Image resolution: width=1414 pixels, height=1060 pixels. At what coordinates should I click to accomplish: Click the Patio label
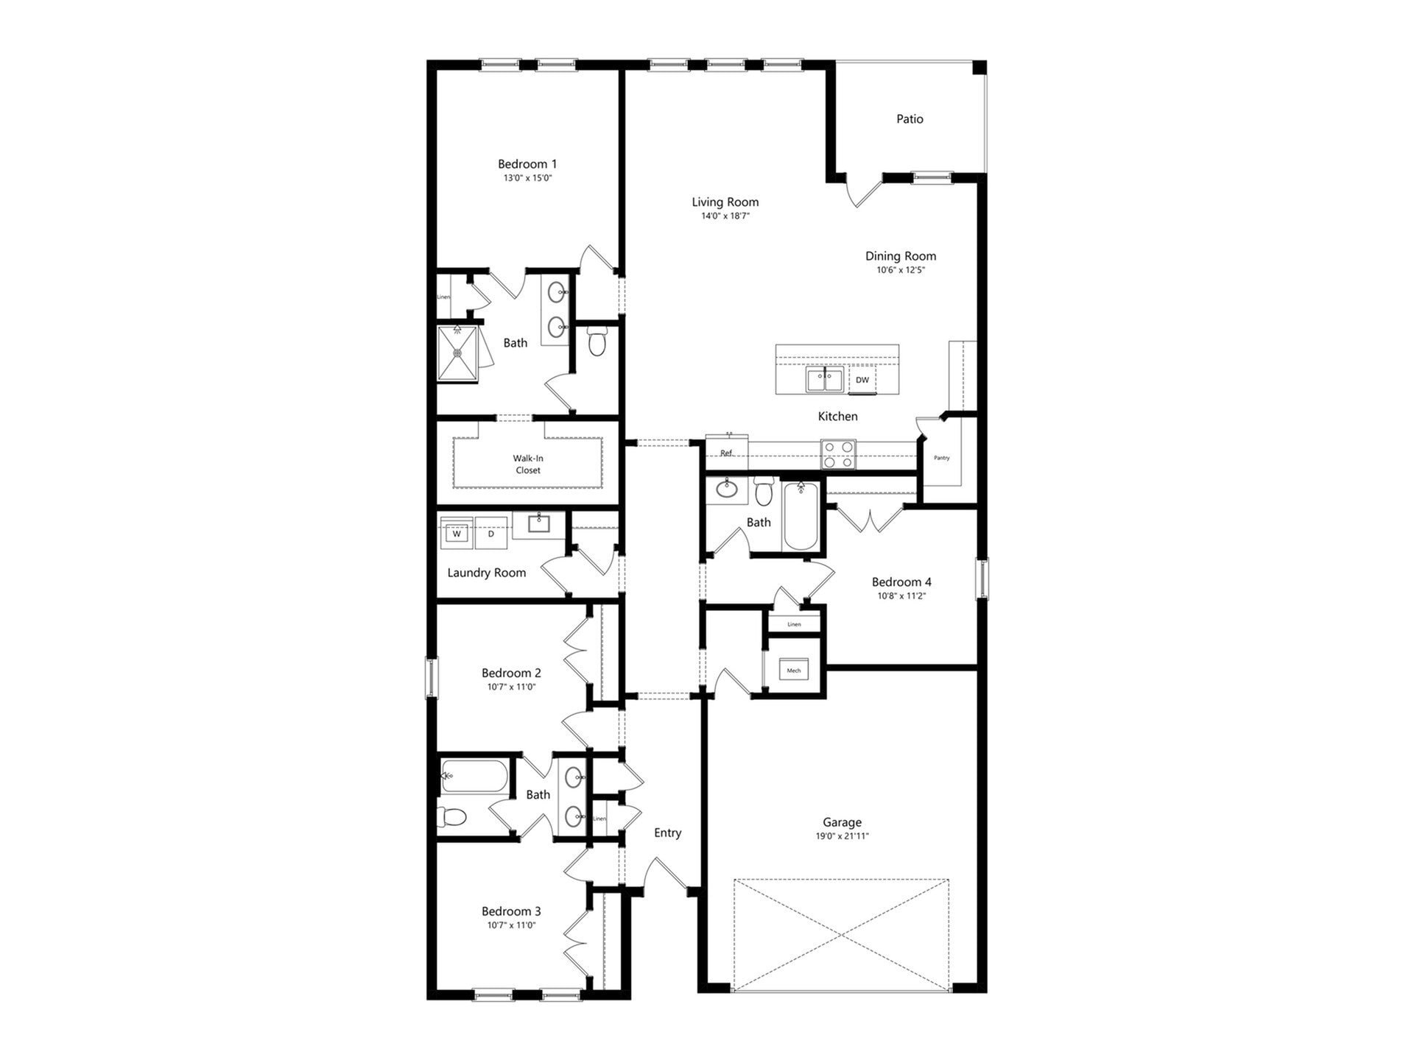(x=910, y=119)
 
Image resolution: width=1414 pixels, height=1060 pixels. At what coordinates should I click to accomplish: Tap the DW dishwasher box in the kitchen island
(x=862, y=381)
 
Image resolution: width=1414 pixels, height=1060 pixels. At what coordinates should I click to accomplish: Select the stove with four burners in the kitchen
(x=839, y=454)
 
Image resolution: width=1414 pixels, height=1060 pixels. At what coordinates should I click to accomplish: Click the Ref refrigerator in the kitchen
(x=727, y=453)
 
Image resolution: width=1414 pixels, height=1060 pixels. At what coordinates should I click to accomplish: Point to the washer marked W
(x=457, y=534)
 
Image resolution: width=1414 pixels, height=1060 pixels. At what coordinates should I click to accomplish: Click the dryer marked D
(x=491, y=534)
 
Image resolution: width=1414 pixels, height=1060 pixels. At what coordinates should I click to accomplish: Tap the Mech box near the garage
(x=794, y=671)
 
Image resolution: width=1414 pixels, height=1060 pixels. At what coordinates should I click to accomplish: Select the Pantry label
(x=942, y=458)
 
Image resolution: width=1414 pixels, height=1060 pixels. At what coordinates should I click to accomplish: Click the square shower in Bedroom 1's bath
(x=457, y=353)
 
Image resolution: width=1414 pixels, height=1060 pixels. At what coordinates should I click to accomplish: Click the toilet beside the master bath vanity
(x=597, y=342)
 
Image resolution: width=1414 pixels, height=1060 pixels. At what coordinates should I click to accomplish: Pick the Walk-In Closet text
(x=528, y=464)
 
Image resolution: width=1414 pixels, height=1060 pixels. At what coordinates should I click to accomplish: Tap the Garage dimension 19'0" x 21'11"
(x=842, y=836)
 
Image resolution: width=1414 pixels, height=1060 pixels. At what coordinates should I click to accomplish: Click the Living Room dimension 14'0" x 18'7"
(x=725, y=216)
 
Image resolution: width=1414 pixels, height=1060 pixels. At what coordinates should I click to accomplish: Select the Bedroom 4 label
(x=901, y=582)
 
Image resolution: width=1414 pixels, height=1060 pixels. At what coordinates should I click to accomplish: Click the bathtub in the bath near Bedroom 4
(x=801, y=517)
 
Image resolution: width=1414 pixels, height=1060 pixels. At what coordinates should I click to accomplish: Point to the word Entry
(x=667, y=833)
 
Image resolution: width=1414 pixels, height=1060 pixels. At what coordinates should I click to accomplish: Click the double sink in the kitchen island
(x=825, y=381)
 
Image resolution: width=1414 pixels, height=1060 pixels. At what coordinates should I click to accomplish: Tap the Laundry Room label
(x=487, y=573)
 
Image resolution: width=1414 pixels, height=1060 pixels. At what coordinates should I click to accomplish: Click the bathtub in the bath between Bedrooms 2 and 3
(x=475, y=776)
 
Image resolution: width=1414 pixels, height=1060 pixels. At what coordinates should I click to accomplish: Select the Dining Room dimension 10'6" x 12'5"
(x=901, y=270)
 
